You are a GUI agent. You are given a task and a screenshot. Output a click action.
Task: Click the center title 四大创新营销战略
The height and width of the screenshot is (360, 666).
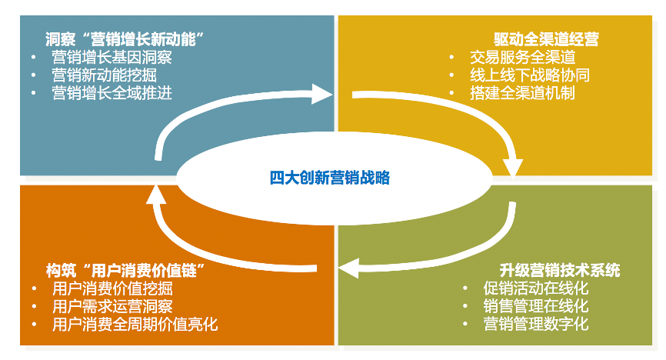tap(331, 178)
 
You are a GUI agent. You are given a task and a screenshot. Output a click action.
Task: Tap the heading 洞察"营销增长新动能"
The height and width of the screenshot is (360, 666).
tap(128, 38)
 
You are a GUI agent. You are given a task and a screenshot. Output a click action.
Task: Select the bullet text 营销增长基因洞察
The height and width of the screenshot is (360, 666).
tap(112, 57)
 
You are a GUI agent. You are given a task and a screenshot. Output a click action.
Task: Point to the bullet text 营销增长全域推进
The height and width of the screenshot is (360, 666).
tap(112, 93)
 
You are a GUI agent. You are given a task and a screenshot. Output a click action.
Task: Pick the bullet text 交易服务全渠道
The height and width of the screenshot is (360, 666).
tap(522, 57)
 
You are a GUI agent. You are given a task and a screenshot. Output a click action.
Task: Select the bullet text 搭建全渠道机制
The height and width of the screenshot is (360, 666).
tap(522, 93)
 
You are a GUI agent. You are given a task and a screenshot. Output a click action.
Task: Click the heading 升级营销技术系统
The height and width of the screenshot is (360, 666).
tap(559, 270)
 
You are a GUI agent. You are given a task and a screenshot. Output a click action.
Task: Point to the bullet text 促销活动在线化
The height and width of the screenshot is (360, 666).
tap(536, 288)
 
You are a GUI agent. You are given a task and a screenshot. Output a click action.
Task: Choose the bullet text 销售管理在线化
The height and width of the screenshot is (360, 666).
tap(536, 306)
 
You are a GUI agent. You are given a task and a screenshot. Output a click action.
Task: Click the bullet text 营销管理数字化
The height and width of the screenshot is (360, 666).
tap(536, 324)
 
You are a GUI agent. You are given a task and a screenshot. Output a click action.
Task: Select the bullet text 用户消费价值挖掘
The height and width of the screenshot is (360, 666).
tap(112, 289)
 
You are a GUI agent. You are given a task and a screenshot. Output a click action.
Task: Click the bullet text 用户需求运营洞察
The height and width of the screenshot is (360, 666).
tap(112, 306)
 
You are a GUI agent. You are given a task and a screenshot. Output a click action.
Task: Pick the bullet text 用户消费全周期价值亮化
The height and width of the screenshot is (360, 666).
tap(135, 324)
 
